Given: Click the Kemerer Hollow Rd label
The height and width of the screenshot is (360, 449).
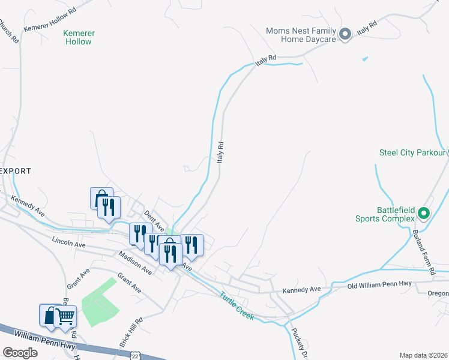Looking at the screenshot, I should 50,20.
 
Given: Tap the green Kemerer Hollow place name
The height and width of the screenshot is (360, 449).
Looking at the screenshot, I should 79,37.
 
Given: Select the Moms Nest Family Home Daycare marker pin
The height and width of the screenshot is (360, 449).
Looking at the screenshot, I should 345,35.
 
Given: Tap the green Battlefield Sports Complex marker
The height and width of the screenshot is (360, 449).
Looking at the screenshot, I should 424,213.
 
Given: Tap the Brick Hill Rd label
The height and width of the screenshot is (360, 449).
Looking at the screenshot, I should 131,332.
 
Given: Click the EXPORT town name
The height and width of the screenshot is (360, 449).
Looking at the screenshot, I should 16,171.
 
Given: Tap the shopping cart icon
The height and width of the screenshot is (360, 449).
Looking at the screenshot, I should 65,316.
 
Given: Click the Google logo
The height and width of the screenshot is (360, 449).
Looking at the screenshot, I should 20,353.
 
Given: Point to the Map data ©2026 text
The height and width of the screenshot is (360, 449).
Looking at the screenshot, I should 423,355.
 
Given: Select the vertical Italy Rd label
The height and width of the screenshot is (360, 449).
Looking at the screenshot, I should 220,153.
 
